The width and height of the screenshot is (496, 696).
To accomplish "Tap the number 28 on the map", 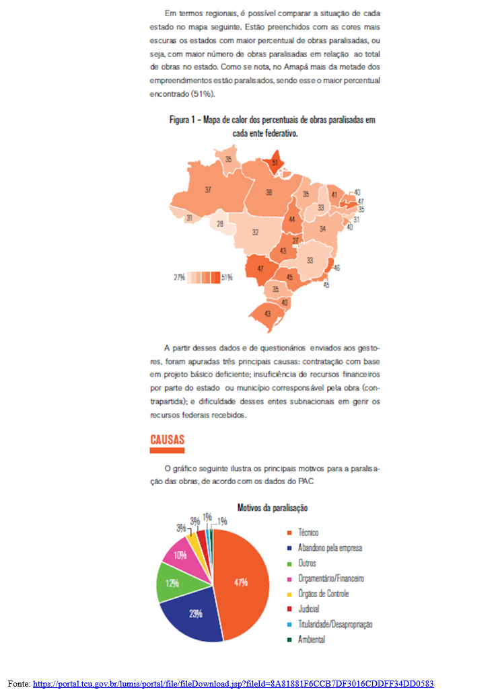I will pyautogui.click(x=219, y=224).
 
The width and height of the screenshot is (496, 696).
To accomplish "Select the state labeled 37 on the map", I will pyautogui.click(x=208, y=190).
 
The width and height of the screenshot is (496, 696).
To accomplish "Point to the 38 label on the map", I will pyautogui.click(x=269, y=192).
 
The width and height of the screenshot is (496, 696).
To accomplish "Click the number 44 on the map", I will pyautogui.click(x=291, y=220).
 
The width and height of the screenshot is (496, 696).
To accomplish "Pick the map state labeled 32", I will pyautogui.click(x=256, y=233).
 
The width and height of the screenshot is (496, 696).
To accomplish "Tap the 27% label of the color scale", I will pyautogui.click(x=179, y=277).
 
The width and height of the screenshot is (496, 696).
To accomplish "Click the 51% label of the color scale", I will pyautogui.click(x=227, y=277).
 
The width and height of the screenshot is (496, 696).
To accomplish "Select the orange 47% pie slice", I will pyautogui.click(x=241, y=582).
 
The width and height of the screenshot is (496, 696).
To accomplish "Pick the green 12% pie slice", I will pyautogui.click(x=172, y=583).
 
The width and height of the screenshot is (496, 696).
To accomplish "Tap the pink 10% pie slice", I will pyautogui.click(x=180, y=555).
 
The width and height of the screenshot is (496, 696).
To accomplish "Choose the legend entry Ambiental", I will pyautogui.click(x=312, y=640).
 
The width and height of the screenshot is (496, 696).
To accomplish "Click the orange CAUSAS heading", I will pyautogui.click(x=167, y=440).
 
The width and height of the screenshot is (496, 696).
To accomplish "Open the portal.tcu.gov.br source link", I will pyautogui.click(x=233, y=684).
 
